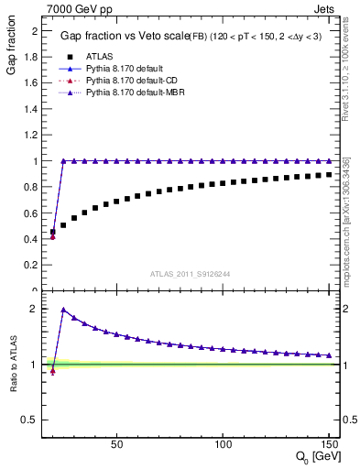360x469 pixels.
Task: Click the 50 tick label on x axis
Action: pyautogui.click(x=116, y=444)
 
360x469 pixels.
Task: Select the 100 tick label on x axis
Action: pyautogui.click(x=223, y=444)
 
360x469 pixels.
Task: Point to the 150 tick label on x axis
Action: pyautogui.click(x=328, y=444)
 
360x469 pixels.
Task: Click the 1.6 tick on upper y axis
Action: pyautogui.click(x=32, y=82)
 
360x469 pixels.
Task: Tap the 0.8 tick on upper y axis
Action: pyautogui.click(x=32, y=187)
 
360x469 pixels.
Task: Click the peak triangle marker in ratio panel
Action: pyautogui.click(x=63, y=310)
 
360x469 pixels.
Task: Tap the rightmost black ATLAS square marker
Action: pyautogui.click(x=329, y=174)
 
